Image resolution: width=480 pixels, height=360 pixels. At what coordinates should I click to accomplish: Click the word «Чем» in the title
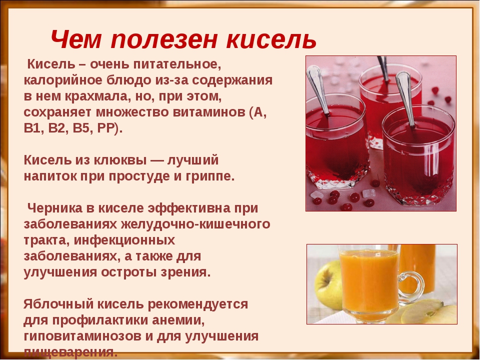tap(76, 38)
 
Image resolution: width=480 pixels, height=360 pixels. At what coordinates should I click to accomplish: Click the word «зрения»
tap(185, 272)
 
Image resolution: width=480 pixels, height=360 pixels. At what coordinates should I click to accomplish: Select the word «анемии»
tap(183, 319)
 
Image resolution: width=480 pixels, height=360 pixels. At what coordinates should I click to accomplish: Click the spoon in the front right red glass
tap(407, 98)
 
